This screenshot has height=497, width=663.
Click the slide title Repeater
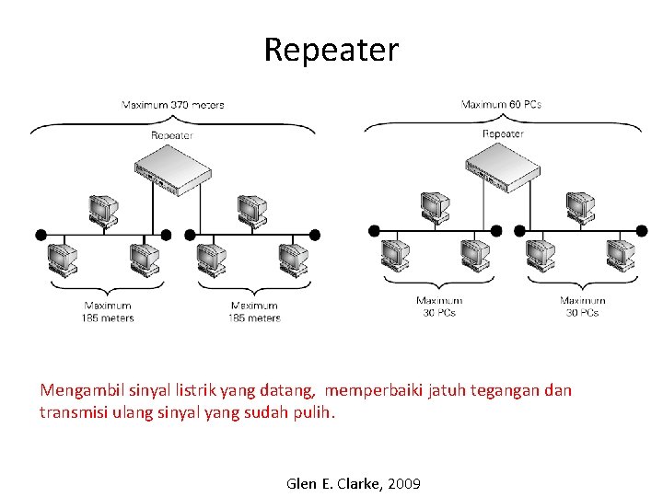(331, 50)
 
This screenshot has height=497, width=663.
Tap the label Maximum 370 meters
(173, 105)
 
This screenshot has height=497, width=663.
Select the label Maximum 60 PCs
(501, 104)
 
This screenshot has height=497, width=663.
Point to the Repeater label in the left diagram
(172, 134)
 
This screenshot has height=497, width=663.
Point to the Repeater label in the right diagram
(503, 133)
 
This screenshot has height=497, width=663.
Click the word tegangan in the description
(505, 390)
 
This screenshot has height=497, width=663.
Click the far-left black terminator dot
(41, 235)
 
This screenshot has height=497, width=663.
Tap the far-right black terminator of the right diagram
(642, 230)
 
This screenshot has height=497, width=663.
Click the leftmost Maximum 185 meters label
(108, 312)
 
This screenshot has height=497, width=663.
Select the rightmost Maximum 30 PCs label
(583, 306)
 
